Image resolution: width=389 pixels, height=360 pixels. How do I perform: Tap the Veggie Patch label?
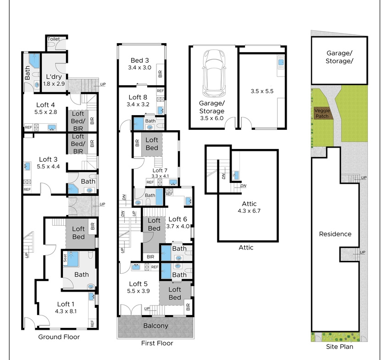click(x=322, y=113)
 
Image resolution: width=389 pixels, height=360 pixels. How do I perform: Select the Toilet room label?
click(x=53, y=39)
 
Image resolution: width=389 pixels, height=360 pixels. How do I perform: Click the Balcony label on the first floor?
click(x=156, y=326)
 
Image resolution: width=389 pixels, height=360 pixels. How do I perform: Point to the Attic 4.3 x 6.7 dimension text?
click(x=249, y=211)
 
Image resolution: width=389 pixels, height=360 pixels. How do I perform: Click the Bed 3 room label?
click(x=139, y=60)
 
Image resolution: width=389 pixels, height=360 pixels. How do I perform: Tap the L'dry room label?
click(x=54, y=77)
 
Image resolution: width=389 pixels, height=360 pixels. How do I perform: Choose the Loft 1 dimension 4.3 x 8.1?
click(x=66, y=311)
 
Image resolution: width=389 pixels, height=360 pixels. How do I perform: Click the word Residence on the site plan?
click(x=335, y=234)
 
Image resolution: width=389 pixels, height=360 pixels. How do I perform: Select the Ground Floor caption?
click(x=59, y=337)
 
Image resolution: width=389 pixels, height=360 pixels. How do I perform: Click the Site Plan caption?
click(x=339, y=347)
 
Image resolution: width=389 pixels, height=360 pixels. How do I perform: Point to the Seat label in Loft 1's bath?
click(x=65, y=258)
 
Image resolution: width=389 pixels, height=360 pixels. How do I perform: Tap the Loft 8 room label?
click(x=138, y=97)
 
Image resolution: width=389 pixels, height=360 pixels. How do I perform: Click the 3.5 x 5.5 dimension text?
click(x=262, y=91)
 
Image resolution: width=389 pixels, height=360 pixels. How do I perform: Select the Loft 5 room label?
click(x=139, y=284)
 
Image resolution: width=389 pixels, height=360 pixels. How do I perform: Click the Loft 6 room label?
click(x=178, y=219)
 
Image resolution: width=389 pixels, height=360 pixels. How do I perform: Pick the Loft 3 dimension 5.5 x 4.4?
click(x=48, y=166)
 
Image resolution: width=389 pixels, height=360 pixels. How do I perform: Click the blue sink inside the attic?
click(x=236, y=175)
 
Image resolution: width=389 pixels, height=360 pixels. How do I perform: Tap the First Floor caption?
click(x=157, y=343)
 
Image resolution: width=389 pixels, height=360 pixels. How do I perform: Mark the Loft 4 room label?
click(x=46, y=105)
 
